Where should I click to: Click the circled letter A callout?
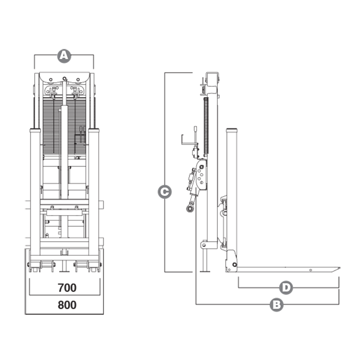coord(64,56)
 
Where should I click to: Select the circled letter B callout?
coord(276,304)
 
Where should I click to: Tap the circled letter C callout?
coord(165,191)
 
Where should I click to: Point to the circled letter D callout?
coord(287,288)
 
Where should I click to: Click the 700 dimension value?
coord(67,288)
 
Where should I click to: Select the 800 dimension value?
coord(67,305)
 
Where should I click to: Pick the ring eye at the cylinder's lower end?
coord(189,209)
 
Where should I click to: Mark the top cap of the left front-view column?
coord(35,131)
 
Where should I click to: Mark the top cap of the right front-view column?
coord(94,131)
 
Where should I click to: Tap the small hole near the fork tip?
coord(311,269)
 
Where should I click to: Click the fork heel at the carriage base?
coord(231,266)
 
